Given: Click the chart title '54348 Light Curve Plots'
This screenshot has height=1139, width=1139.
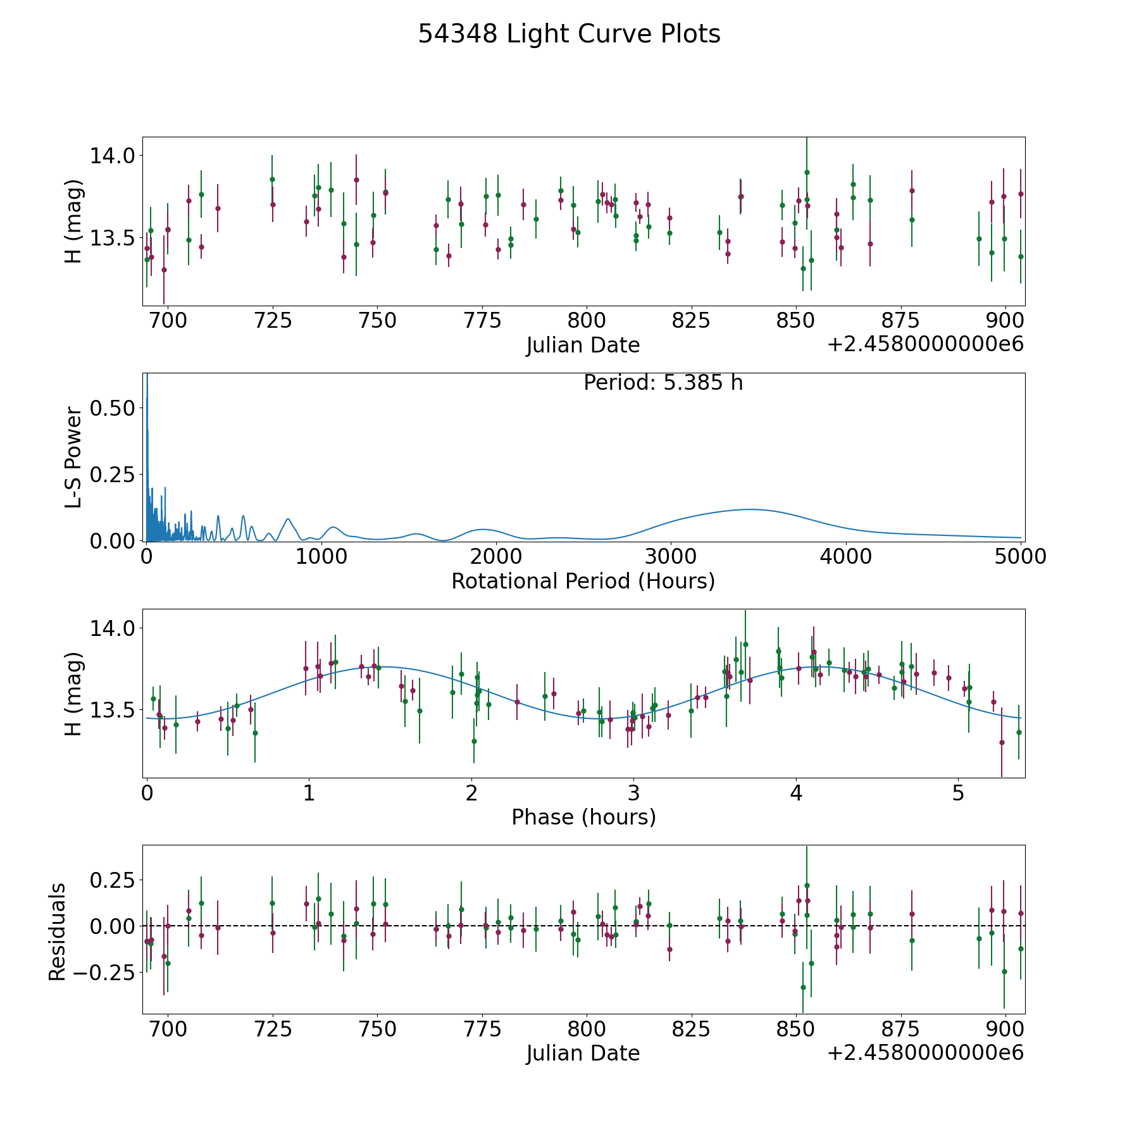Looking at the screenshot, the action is (x=569, y=34).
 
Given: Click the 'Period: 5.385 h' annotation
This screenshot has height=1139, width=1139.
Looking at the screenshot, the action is (x=663, y=383).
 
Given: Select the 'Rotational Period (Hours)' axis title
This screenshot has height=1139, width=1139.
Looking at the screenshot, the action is (x=583, y=581).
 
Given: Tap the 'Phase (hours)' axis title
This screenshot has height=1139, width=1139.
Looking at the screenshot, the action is (x=583, y=818).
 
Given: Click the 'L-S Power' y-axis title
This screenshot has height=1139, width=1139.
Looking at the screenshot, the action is (x=74, y=457).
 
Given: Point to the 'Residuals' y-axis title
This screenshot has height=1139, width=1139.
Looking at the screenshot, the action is (x=58, y=932).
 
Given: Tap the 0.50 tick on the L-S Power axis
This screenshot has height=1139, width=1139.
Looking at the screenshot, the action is (x=113, y=408).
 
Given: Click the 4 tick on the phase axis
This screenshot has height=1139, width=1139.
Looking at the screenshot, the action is (x=797, y=793).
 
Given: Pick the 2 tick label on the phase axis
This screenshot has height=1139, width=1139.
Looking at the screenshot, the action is (x=471, y=793).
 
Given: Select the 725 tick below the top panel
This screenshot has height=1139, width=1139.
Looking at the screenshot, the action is (x=273, y=321).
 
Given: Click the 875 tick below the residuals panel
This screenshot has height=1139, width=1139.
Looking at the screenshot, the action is (x=901, y=1029).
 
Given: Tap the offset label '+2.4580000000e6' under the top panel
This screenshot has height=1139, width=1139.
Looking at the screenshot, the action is (x=925, y=345).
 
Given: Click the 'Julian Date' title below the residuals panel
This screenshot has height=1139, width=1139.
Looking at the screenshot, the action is (x=583, y=1054).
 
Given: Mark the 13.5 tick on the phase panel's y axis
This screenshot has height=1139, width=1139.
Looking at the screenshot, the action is (x=113, y=711).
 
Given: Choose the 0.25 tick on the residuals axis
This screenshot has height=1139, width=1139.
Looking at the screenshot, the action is (x=113, y=880).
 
